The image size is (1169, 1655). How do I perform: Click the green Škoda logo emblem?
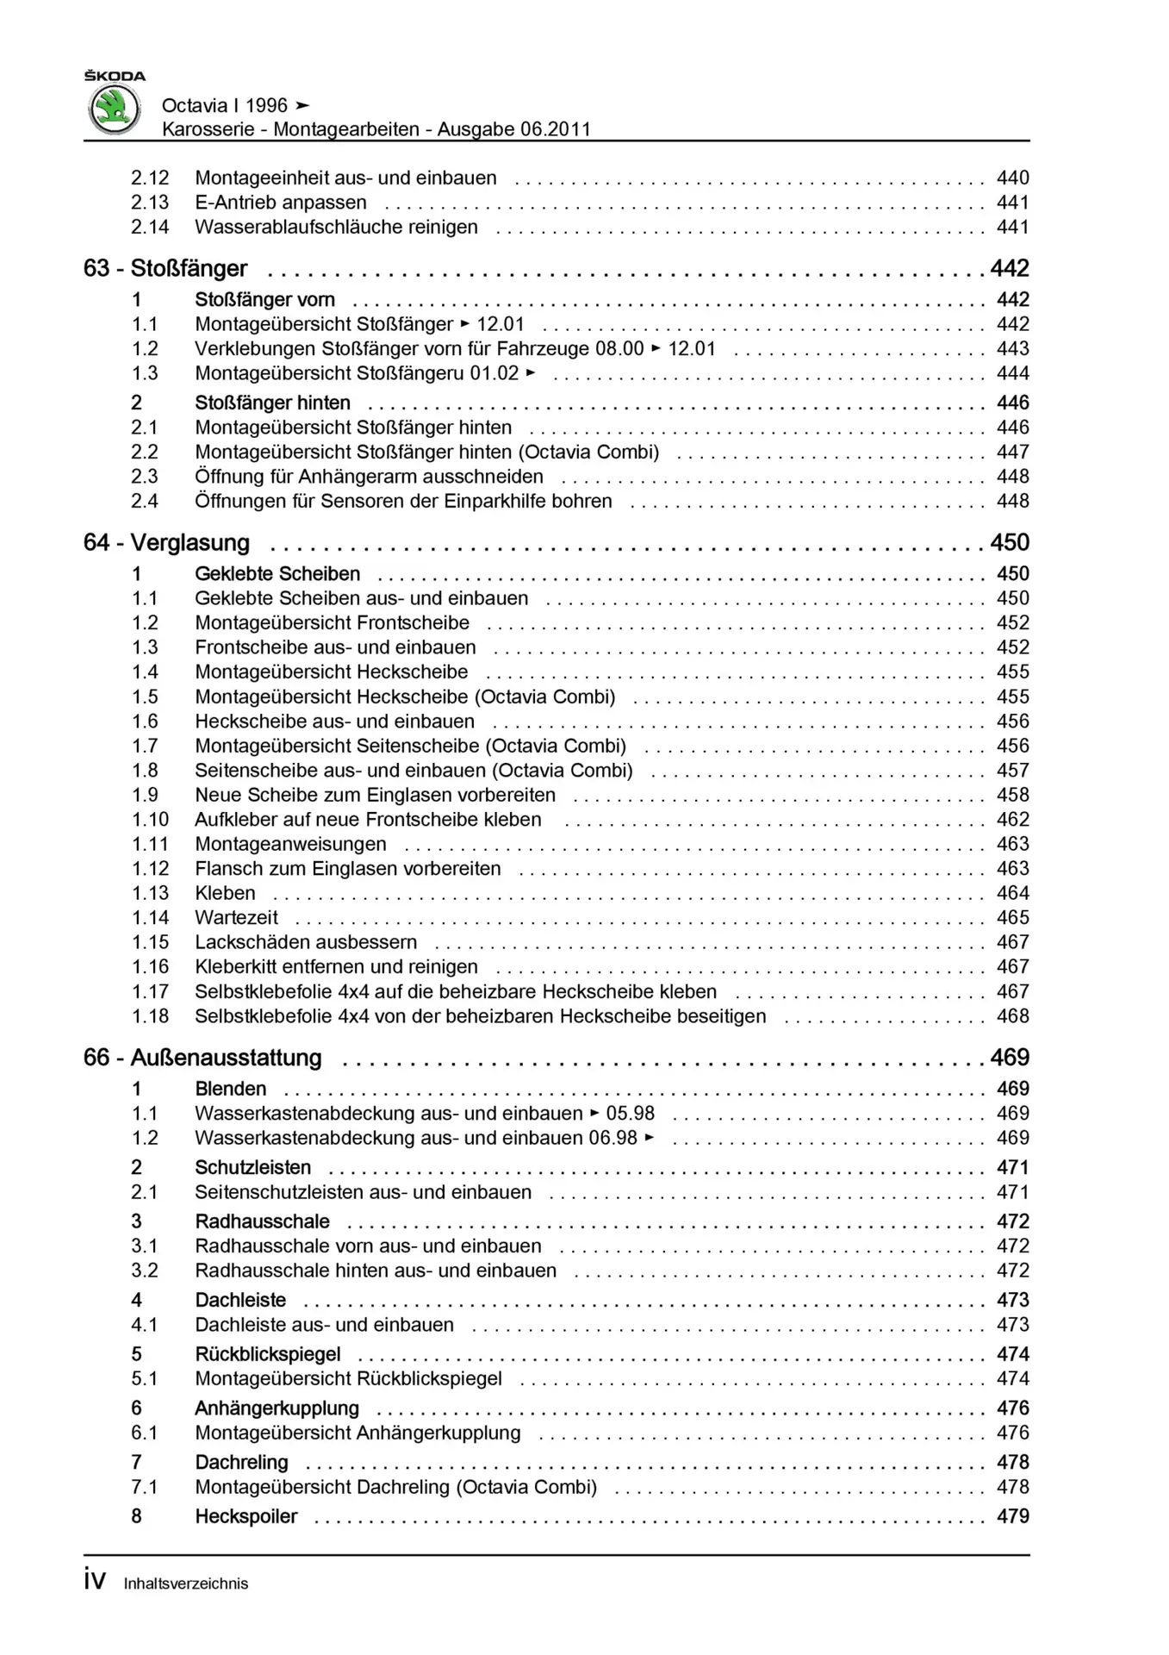coord(114,110)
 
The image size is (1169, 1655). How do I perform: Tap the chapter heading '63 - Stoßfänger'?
coord(165,269)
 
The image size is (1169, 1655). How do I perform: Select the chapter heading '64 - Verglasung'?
coord(166,543)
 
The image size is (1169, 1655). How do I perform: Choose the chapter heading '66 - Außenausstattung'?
coord(202,1058)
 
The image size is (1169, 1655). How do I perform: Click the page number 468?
coord(1012,1016)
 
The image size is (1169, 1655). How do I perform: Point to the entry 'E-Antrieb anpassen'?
coord(280,203)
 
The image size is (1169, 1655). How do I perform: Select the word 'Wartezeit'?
coord(236,918)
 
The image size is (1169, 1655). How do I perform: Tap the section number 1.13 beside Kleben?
coord(150,893)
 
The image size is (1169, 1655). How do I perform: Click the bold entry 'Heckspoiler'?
coord(246,1516)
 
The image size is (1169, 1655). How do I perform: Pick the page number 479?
coord(1012,1516)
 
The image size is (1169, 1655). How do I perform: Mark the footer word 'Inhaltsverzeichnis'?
coord(185,1583)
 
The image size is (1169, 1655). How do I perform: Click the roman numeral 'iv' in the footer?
coord(95,1581)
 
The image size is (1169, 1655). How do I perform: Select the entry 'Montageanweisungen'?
coord(290,844)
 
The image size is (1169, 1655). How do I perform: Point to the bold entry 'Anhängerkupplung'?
coord(277,1408)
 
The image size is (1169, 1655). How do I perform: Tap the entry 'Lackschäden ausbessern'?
coord(306,942)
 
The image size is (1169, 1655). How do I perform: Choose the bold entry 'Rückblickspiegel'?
coord(267,1354)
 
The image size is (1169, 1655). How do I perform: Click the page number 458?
coord(1012,795)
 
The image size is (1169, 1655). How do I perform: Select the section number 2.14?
coord(150,228)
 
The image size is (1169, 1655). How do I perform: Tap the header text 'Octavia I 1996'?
coord(224,106)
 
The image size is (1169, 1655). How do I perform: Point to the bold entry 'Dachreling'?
coord(241,1463)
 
